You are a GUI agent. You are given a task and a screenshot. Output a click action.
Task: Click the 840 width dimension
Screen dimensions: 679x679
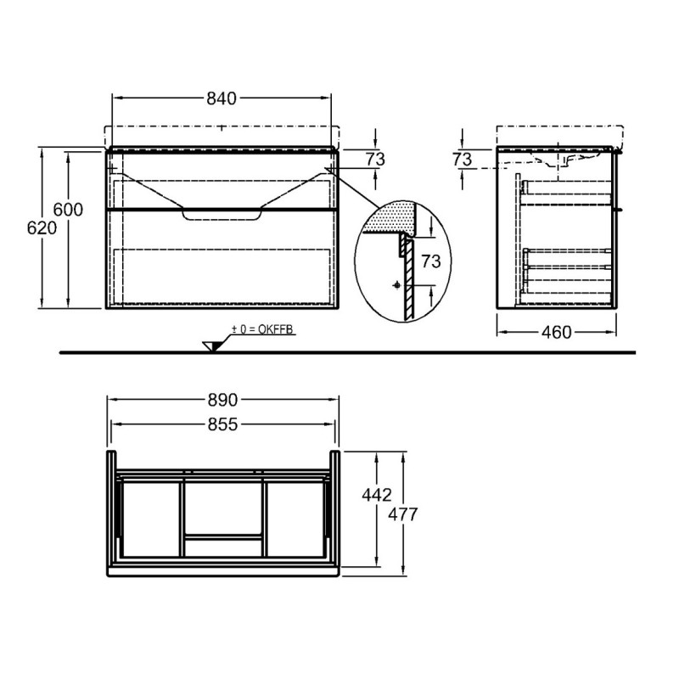tap(221, 98)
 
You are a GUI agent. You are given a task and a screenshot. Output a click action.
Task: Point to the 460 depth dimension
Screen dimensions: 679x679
tap(556, 332)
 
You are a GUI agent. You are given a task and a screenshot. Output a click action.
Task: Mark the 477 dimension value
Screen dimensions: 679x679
tap(405, 513)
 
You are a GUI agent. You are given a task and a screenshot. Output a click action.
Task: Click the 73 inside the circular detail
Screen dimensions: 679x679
tap(431, 261)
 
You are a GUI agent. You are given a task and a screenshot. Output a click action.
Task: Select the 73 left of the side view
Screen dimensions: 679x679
tap(463, 159)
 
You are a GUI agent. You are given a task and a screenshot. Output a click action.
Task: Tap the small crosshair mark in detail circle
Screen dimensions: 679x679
tap(396, 286)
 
